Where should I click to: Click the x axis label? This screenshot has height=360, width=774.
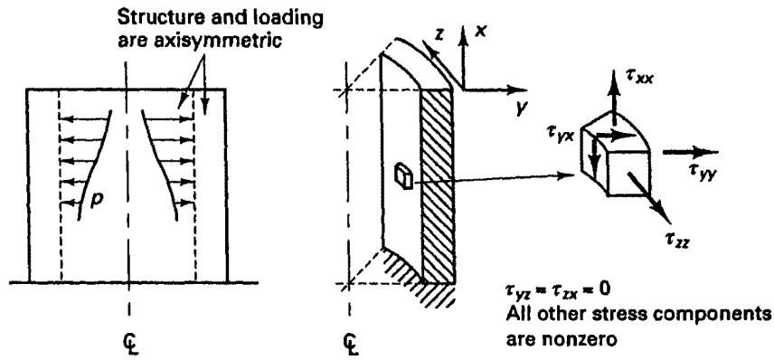pyautogui.click(x=480, y=30)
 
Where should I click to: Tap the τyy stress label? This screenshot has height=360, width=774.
pyautogui.click(x=701, y=172)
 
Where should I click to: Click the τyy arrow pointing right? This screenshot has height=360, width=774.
pyautogui.click(x=691, y=152)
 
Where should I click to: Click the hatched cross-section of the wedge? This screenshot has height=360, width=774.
pyautogui.click(x=437, y=185)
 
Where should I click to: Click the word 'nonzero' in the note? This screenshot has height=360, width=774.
pyautogui.click(x=578, y=340)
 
